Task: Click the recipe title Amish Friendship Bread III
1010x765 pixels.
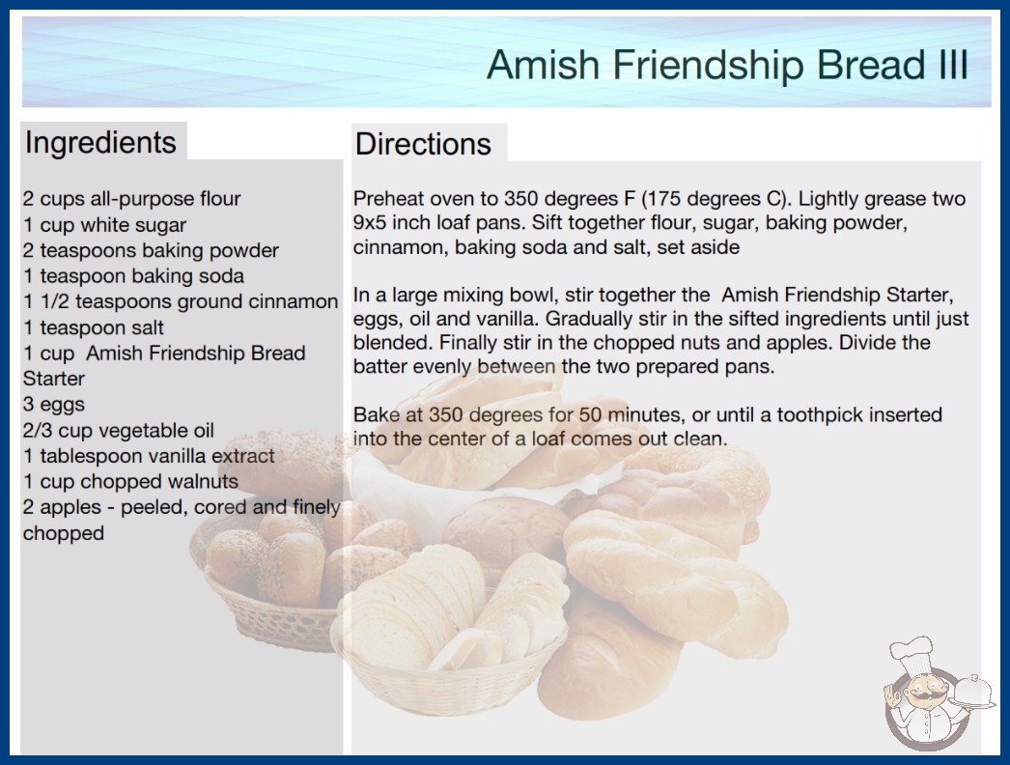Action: (727, 65)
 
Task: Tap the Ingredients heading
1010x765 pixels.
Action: (100, 142)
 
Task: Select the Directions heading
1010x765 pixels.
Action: (423, 144)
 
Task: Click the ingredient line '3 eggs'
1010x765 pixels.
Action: (54, 404)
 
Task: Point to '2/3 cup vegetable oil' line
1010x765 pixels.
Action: (119, 430)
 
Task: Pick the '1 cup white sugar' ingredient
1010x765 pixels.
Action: (105, 225)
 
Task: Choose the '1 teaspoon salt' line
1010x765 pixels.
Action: (94, 327)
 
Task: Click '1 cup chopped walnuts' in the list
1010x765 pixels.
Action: (130, 481)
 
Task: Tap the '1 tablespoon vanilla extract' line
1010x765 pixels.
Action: (150, 456)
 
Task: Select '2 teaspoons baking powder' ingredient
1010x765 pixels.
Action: (152, 250)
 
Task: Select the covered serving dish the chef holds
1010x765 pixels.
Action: (972, 693)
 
